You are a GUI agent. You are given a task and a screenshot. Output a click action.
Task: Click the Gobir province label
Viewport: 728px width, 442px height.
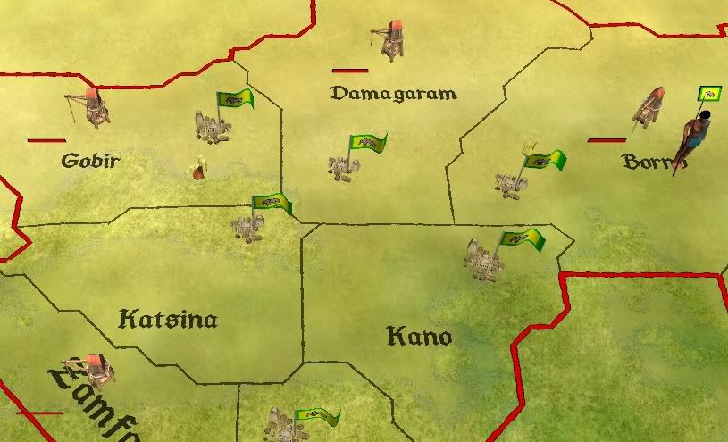[90, 161]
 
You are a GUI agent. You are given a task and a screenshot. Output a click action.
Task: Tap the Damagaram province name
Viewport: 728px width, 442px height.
[393, 93]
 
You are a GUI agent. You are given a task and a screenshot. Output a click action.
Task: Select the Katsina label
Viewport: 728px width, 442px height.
[168, 319]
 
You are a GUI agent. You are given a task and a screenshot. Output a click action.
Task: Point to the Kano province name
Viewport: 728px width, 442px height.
[419, 337]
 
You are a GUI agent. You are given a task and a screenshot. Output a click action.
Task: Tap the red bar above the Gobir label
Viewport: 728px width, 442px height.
[46, 140]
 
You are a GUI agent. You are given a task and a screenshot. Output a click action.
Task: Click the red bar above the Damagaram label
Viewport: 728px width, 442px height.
[350, 70]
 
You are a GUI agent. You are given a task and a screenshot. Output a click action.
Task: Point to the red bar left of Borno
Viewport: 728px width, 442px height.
[607, 140]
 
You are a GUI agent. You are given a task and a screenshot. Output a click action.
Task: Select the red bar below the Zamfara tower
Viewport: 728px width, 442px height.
[39, 413]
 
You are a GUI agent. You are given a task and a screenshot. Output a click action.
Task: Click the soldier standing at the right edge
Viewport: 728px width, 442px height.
[695, 138]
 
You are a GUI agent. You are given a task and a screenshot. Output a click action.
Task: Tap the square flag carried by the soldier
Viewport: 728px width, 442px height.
[710, 93]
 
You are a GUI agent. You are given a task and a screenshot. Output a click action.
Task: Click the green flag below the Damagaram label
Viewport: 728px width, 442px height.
[368, 143]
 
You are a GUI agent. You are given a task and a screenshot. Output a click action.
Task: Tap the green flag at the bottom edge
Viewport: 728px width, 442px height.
[320, 417]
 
